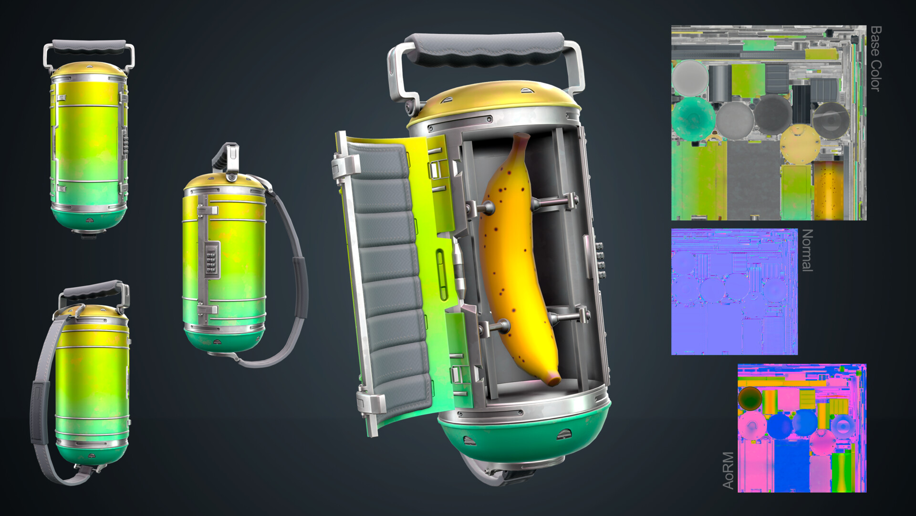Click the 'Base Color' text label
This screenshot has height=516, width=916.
click(875, 58)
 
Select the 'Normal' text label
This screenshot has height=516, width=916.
click(807, 250)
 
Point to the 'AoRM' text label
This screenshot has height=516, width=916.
click(728, 470)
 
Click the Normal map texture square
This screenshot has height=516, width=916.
click(734, 291)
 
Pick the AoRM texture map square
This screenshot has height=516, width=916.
click(801, 428)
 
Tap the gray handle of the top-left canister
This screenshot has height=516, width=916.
click(88, 47)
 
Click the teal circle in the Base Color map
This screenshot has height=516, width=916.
click(693, 119)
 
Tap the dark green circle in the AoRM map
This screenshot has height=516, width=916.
click(749, 398)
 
